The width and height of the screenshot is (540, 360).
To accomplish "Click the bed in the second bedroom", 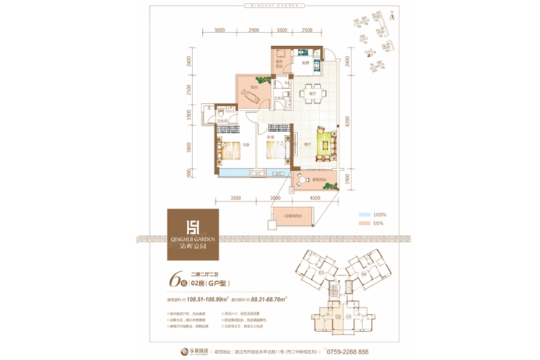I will click(277, 151).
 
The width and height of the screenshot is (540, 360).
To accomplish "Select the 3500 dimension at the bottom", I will click(235, 198).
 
